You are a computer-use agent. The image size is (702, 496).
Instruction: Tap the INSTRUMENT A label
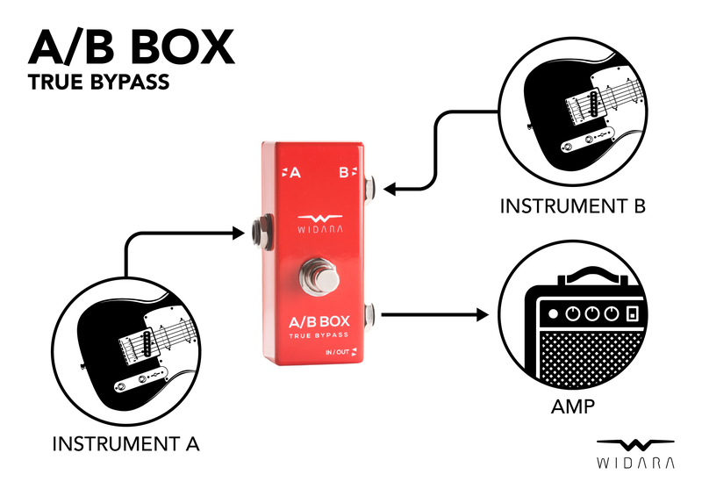(x=125, y=444)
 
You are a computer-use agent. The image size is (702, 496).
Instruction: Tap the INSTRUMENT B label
(x=572, y=206)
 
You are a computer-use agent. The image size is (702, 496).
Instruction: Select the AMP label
(x=573, y=406)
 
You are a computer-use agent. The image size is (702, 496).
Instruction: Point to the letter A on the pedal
(x=295, y=173)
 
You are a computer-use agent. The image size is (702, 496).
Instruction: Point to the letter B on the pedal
(x=344, y=173)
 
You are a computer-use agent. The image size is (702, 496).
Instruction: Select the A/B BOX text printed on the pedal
(x=319, y=322)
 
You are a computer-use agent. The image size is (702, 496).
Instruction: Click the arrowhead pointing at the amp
(x=481, y=313)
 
